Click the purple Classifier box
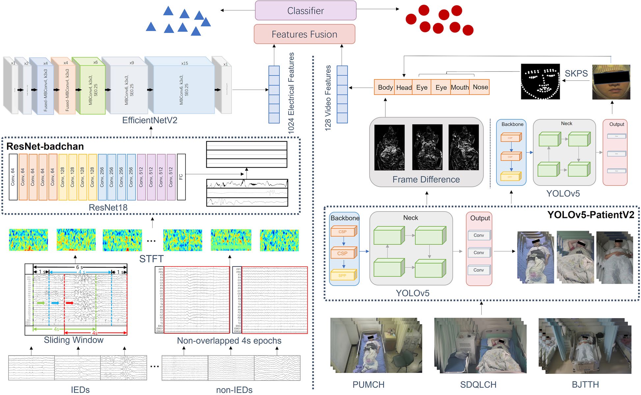305,11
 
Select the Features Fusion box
304,34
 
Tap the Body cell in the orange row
385,87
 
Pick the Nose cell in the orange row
480,87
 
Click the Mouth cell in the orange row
460,87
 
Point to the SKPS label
576,73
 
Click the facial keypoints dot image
540,82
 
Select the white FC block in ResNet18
181,177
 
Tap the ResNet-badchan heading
45,146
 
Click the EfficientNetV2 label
150,120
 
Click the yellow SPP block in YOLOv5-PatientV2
343,275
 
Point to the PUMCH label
368,384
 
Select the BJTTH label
585,384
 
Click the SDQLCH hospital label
478,384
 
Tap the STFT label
151,259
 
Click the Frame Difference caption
426,180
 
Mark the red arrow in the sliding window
70,303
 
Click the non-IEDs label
234,390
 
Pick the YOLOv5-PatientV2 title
590,215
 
